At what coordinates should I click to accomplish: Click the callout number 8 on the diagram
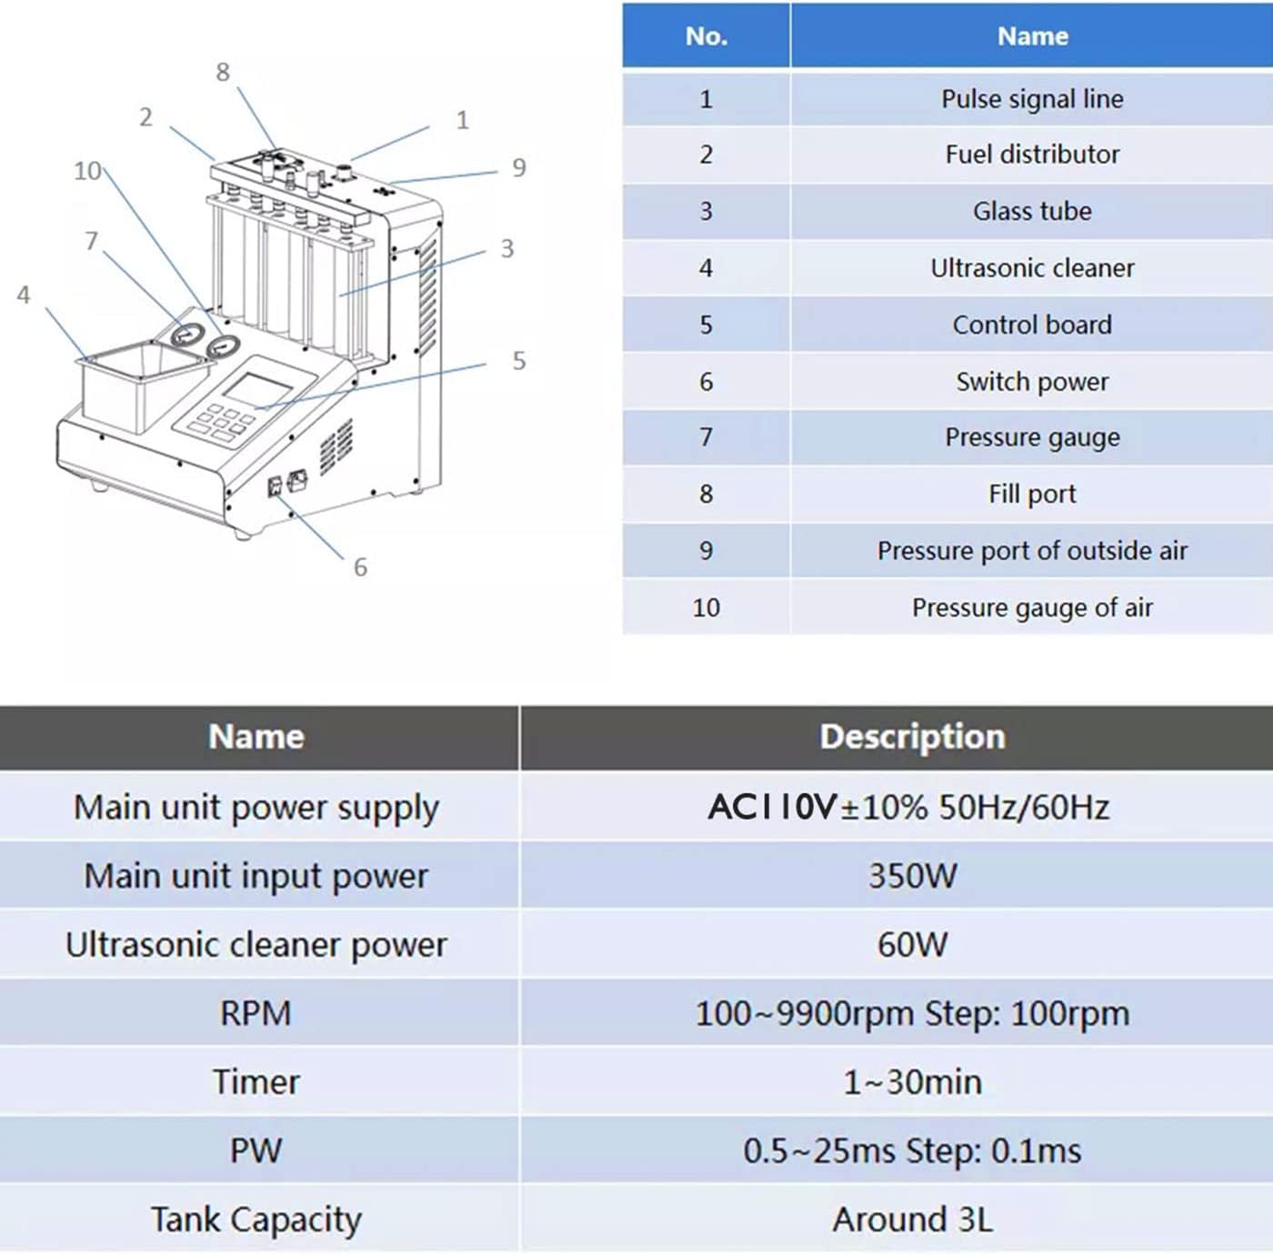point(223,72)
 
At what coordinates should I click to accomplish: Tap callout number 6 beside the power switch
point(360,567)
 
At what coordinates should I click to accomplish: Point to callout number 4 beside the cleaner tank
point(24,295)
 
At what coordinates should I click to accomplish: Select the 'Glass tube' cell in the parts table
point(1032,211)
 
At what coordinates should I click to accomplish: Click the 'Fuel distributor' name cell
point(1032,155)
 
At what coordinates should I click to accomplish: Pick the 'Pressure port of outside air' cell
point(1032,551)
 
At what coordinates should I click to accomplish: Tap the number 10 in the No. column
point(706,607)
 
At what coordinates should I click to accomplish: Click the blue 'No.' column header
point(706,36)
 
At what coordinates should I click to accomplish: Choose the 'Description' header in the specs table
point(912,737)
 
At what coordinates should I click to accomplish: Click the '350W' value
point(912,876)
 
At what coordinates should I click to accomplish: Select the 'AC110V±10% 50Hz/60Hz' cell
point(909,808)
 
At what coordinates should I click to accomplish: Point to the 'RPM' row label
point(256,1013)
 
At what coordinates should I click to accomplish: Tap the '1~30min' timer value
point(912,1082)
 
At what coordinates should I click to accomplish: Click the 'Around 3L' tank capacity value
point(912,1220)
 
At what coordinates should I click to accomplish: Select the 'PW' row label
point(256,1150)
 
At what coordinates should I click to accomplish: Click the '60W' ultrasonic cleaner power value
point(912,945)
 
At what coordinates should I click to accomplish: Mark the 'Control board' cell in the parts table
point(1032,325)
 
